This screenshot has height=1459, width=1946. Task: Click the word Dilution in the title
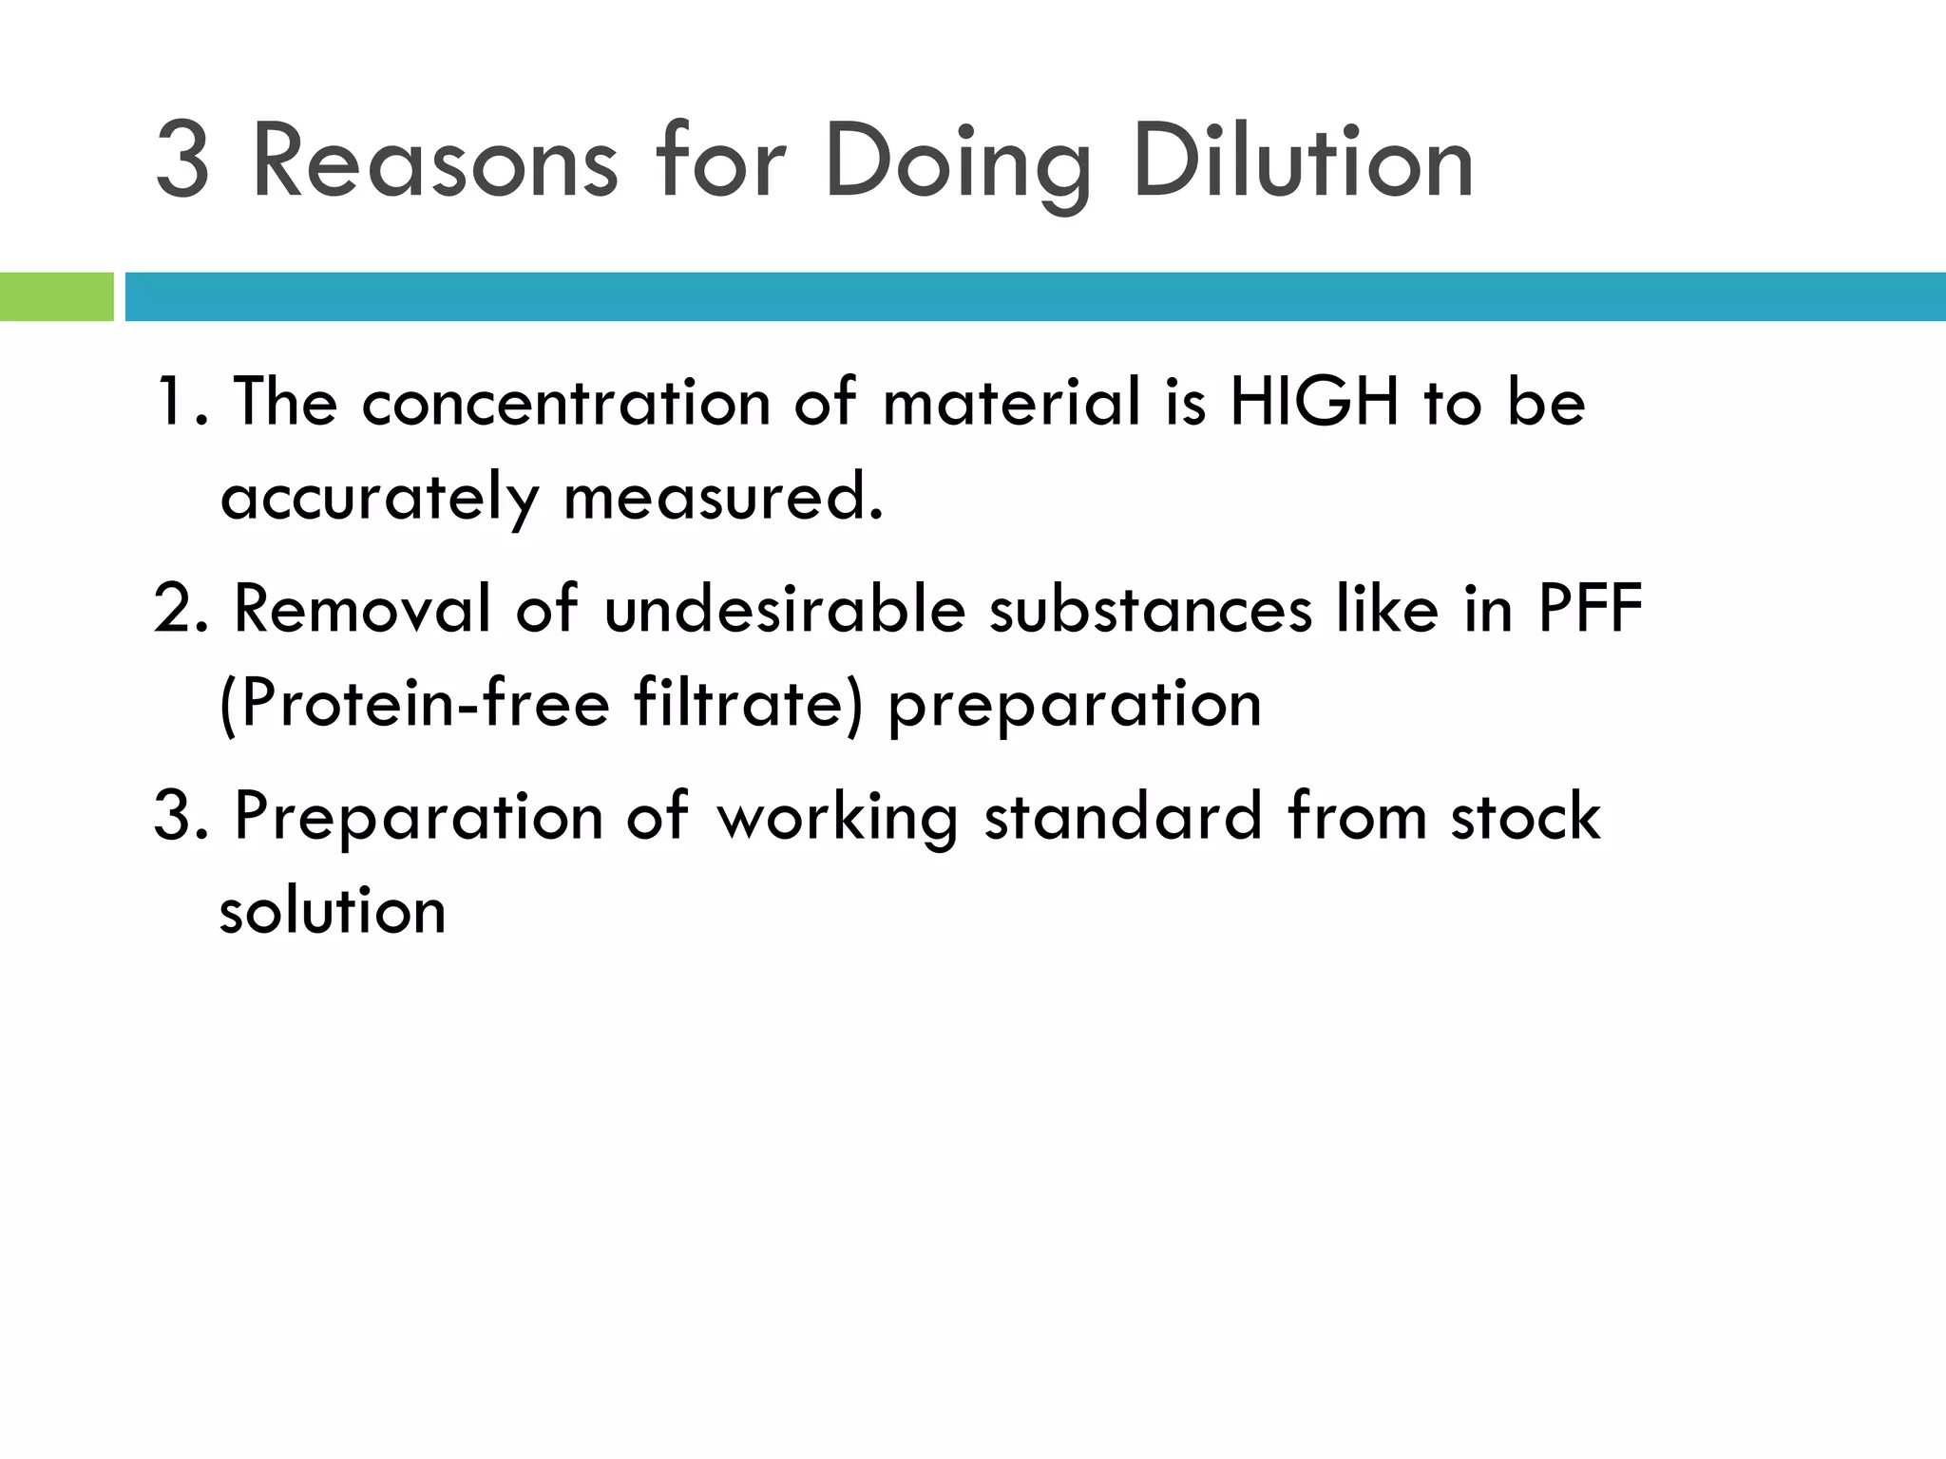point(1303,161)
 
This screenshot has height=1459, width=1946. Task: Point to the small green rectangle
point(56,296)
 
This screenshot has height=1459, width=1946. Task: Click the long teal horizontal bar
point(1035,296)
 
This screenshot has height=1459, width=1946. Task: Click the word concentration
point(565,401)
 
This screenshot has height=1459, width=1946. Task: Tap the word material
point(1011,401)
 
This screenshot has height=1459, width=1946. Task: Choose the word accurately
point(379,498)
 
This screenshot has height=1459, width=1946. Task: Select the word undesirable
point(785,608)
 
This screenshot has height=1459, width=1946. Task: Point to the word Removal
point(362,608)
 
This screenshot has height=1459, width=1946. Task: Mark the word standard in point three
point(1122,815)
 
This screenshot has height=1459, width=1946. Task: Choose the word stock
point(1525,815)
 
